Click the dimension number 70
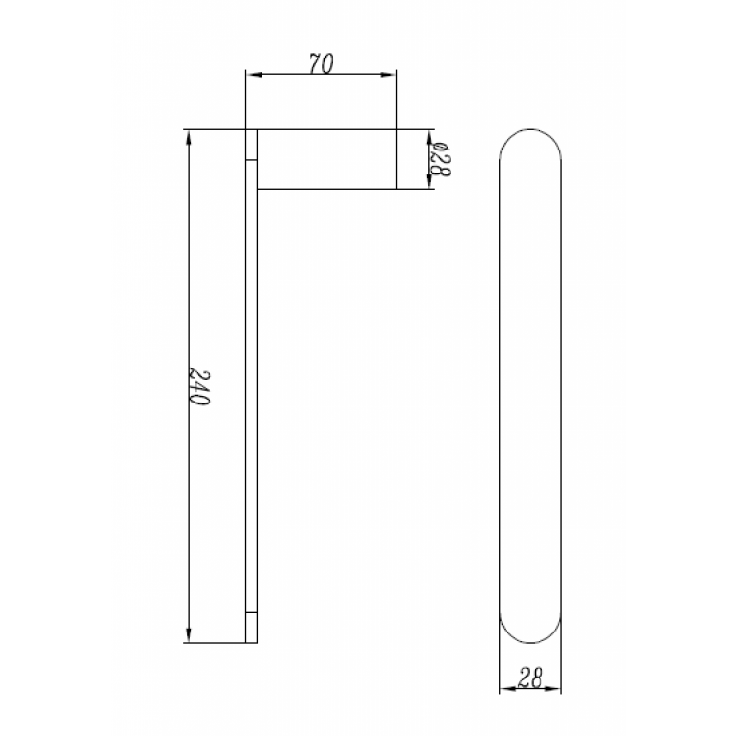pyautogui.click(x=321, y=64)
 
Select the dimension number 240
pyautogui.click(x=199, y=386)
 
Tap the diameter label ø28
pyautogui.click(x=440, y=158)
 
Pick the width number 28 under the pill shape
pyautogui.click(x=531, y=678)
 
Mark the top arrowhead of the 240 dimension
pyautogui.click(x=190, y=136)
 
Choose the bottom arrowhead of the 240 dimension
pyautogui.click(x=190, y=635)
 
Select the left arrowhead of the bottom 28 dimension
pyautogui.click(x=506, y=688)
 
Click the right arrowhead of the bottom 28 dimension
pyautogui.click(x=556, y=688)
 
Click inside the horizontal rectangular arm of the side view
pyautogui.click(x=326, y=159)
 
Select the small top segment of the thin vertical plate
pyautogui.click(x=251, y=145)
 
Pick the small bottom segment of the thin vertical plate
pyautogui.click(x=251, y=627)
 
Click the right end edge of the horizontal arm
pyautogui.click(x=397, y=159)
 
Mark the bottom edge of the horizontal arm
pyautogui.click(x=326, y=189)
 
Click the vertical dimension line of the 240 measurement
pyautogui.click(x=190, y=287)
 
